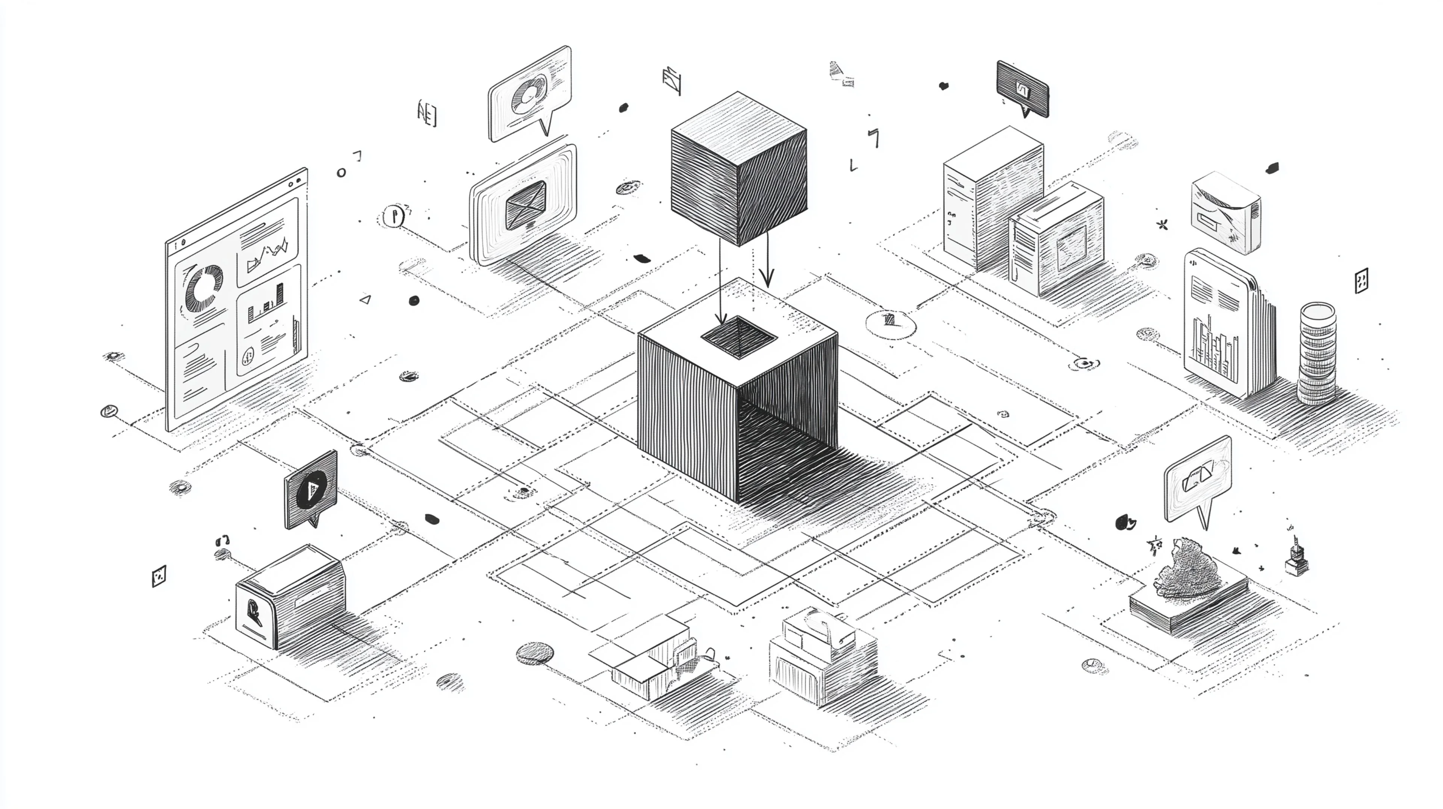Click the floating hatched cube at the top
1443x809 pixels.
pyautogui.click(x=738, y=168)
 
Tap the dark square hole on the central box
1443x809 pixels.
pyautogui.click(x=738, y=336)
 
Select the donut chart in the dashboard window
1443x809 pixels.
pyautogui.click(x=204, y=289)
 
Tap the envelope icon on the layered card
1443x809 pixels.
pyautogui.click(x=525, y=205)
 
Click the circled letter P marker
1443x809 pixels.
pyautogui.click(x=394, y=216)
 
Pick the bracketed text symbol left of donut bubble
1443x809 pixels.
pyautogui.click(x=427, y=114)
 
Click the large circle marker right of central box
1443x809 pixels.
pyautogui.click(x=890, y=323)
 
